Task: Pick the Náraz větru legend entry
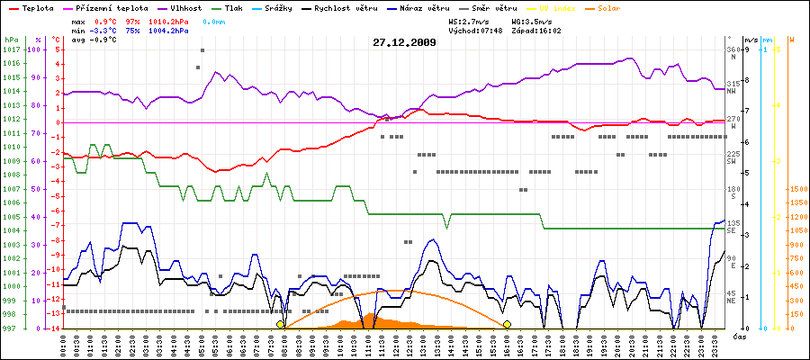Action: pyautogui.click(x=431, y=7)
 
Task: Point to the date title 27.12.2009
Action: pyautogui.click(x=405, y=41)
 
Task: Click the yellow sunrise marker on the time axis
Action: pyautogui.click(x=281, y=324)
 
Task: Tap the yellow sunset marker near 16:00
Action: pyautogui.click(x=508, y=324)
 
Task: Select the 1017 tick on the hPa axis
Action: pyautogui.click(x=10, y=49)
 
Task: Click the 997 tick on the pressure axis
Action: pyautogui.click(x=10, y=328)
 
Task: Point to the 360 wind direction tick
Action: pyautogui.click(x=733, y=49)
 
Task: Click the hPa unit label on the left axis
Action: pyautogui.click(x=10, y=40)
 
